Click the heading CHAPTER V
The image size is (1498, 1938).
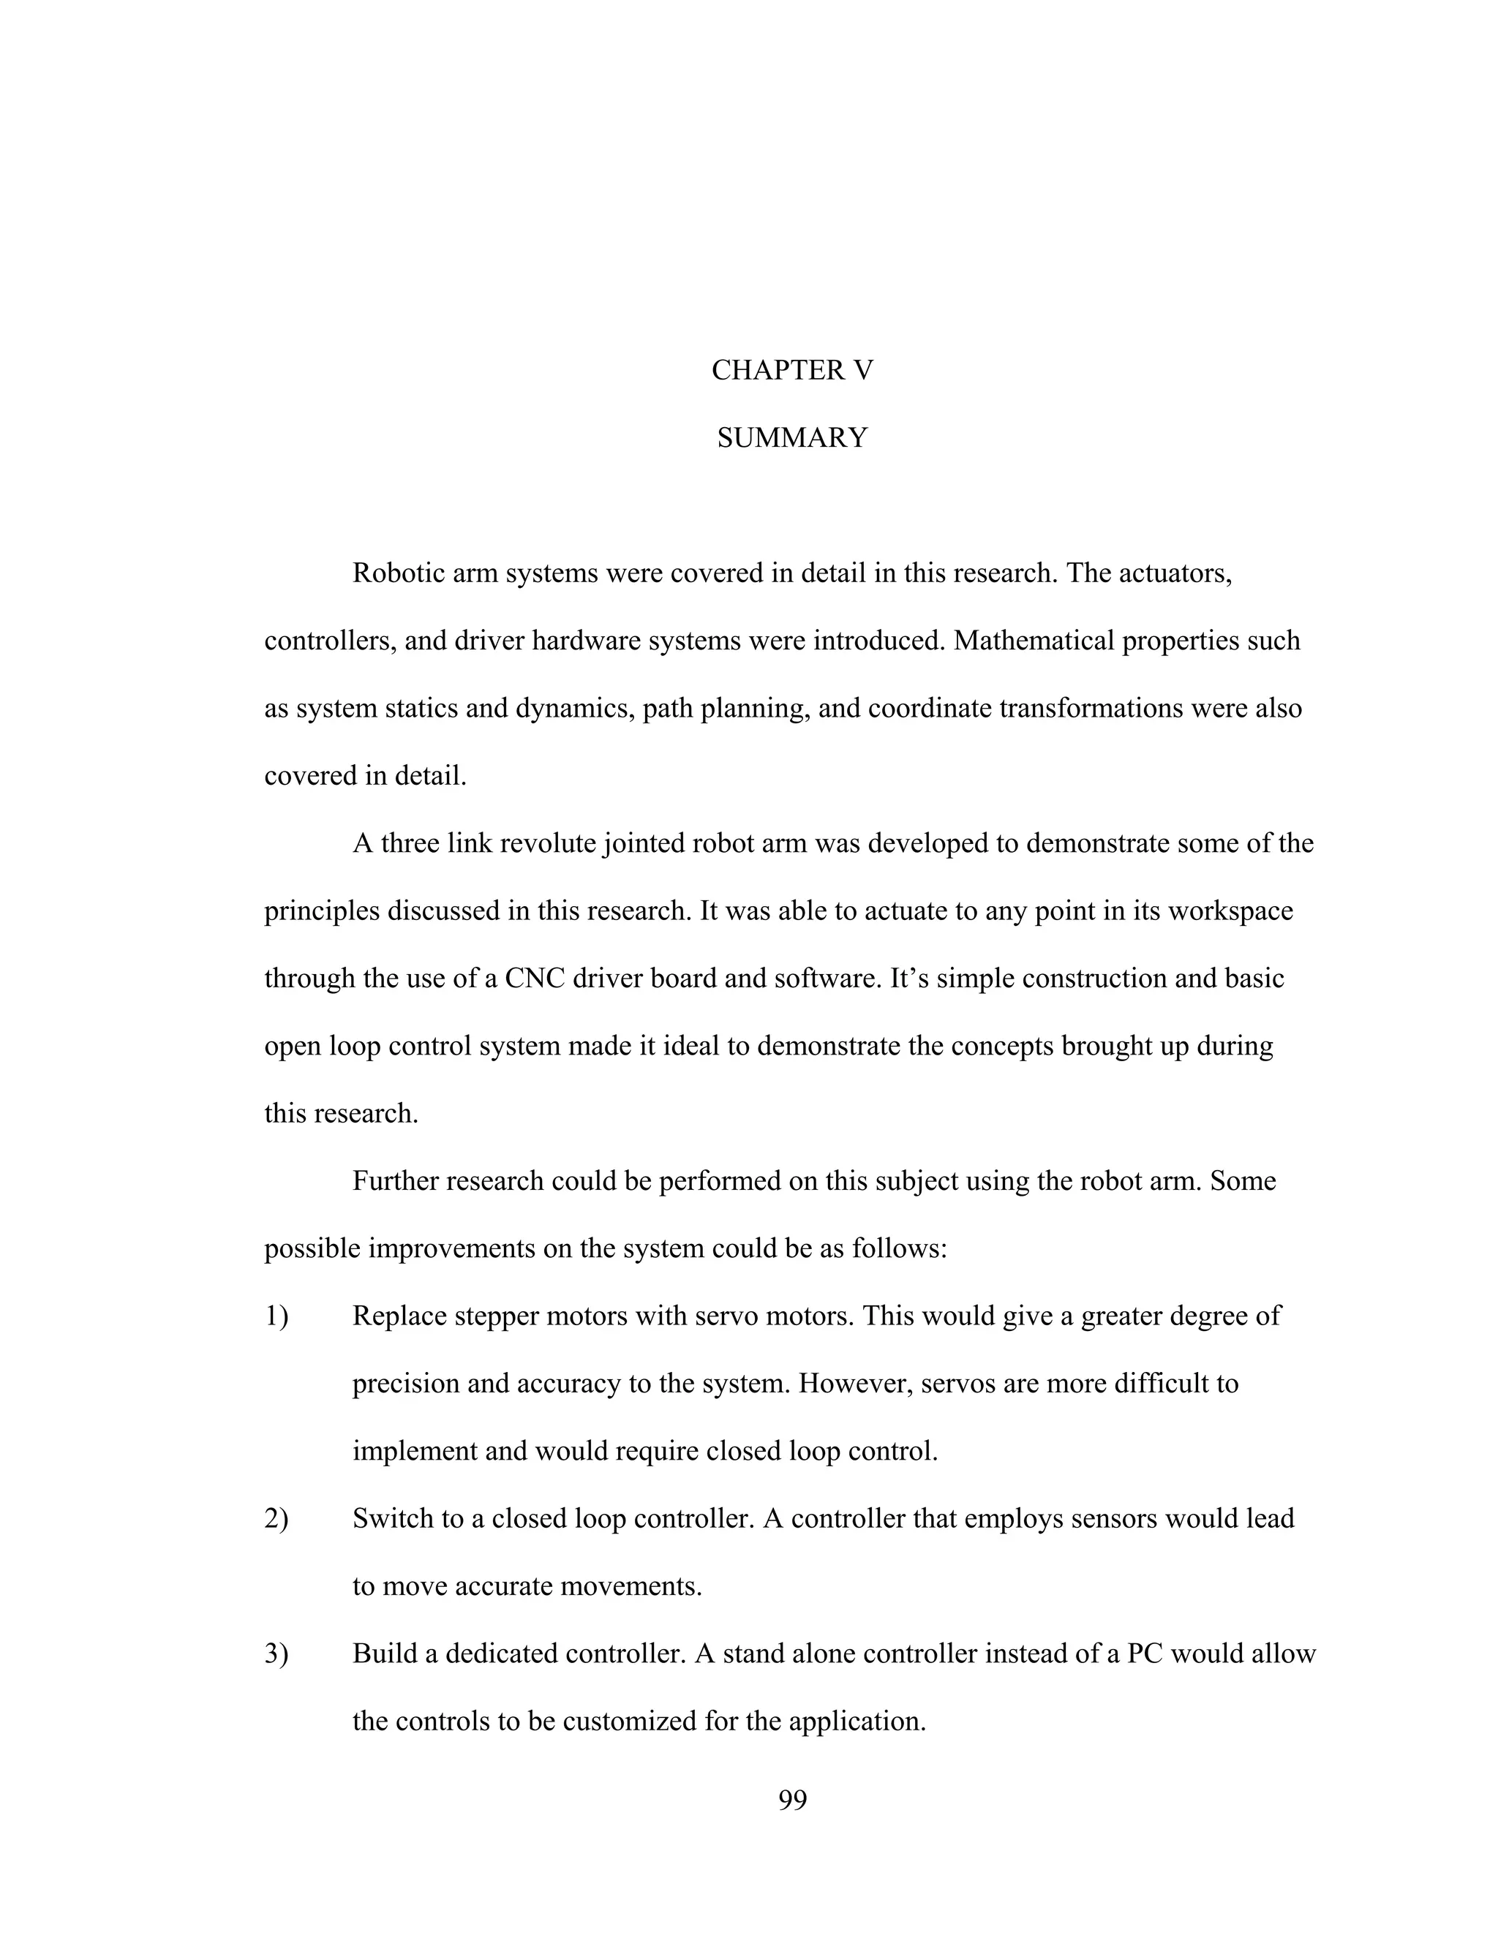tap(791, 370)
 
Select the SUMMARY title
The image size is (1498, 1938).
tap(791, 437)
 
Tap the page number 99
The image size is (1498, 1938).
tap(791, 1800)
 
